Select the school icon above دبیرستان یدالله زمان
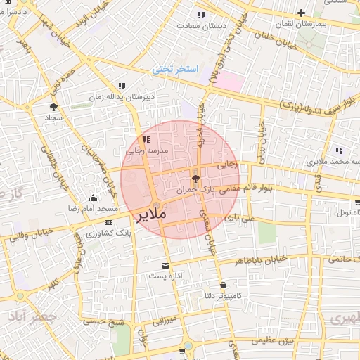pyautogui.click(x=122, y=86)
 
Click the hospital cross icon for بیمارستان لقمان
pyautogui.click(x=301, y=13)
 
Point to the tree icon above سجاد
pyautogui.click(x=53, y=107)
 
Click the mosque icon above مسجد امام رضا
pyautogui.click(x=94, y=198)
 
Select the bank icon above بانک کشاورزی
pyautogui.click(x=107, y=222)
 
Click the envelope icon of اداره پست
pyautogui.click(x=166, y=266)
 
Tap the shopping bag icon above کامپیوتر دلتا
pyautogui.click(x=223, y=285)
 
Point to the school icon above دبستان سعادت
pyautogui.click(x=201, y=15)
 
